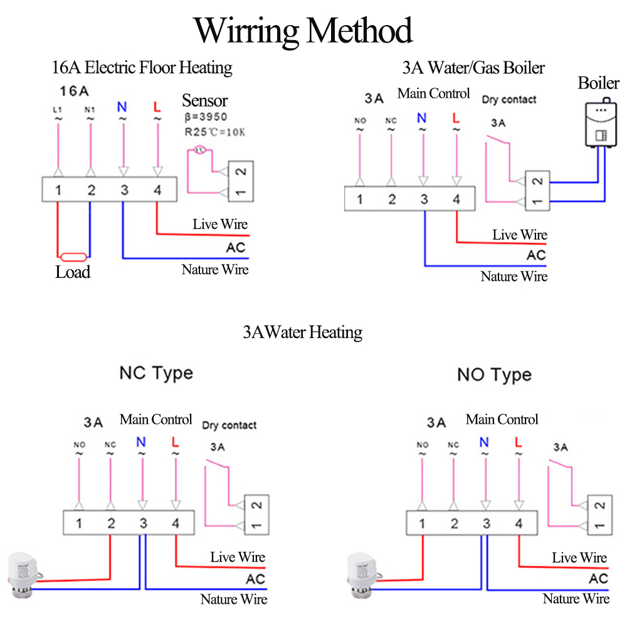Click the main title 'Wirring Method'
coord(303,31)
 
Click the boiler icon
coord(601,122)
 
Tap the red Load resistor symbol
coord(73,256)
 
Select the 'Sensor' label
coord(205,100)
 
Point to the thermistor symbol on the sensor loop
coord(200,150)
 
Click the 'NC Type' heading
coord(156,374)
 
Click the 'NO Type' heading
coord(495,375)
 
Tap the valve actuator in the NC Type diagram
coord(23,574)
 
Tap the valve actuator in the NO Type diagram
coord(363,575)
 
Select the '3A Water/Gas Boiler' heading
coord(473,68)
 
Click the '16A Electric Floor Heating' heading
coord(142,68)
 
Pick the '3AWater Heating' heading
coord(303,332)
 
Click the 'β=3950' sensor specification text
coord(206,117)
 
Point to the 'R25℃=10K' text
coord(214,132)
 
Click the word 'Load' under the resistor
coord(73,272)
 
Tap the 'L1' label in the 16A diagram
coord(58,110)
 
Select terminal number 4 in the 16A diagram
coord(157,190)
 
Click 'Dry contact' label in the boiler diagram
coord(509,100)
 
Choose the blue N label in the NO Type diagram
coord(484,442)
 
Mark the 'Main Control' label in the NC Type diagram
coord(156,419)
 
